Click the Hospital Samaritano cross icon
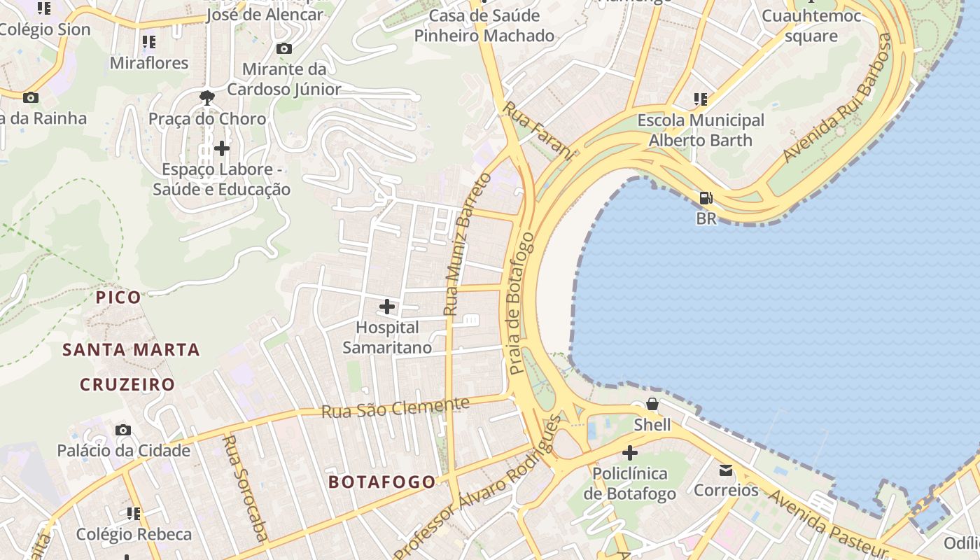click(x=386, y=307)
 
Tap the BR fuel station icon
click(x=706, y=198)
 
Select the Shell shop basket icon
click(x=652, y=404)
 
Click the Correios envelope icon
click(x=726, y=470)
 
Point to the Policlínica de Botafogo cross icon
click(x=629, y=453)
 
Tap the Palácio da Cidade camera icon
click(x=123, y=430)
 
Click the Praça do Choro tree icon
click(x=207, y=98)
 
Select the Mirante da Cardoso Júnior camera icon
click(x=283, y=48)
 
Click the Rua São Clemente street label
click(x=395, y=407)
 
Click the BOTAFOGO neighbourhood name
click(x=381, y=482)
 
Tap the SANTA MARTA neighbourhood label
click(x=131, y=349)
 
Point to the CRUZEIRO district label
click(x=127, y=384)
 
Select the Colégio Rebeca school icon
click(x=133, y=514)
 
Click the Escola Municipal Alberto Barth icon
click(x=700, y=99)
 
